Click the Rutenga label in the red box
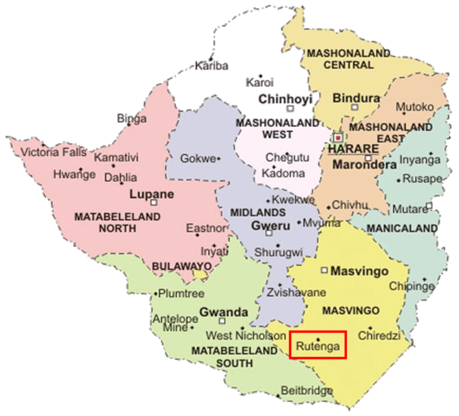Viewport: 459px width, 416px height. (x=318, y=347)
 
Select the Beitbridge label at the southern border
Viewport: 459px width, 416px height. (x=306, y=391)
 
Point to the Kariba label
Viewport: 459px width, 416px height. (x=211, y=65)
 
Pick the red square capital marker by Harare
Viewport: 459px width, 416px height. (x=338, y=137)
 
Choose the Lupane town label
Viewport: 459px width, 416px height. (x=152, y=194)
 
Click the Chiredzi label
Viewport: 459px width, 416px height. (x=379, y=335)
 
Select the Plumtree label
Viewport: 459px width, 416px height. (x=181, y=293)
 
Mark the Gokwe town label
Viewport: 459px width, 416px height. (x=198, y=159)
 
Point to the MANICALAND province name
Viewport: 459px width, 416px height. (x=402, y=227)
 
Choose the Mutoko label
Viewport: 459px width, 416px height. (x=414, y=107)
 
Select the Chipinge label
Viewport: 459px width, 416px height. (x=411, y=286)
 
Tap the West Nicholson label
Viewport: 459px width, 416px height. (x=246, y=335)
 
